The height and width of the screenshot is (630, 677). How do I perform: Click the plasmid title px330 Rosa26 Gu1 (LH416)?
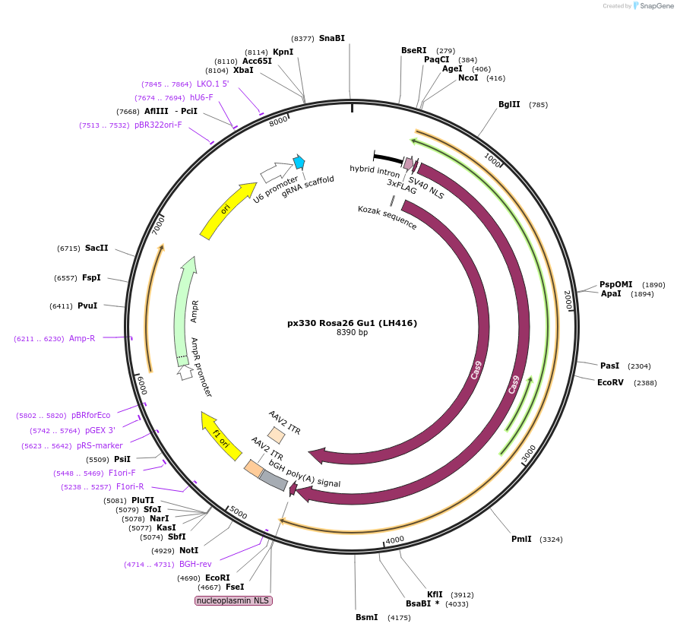click(x=352, y=323)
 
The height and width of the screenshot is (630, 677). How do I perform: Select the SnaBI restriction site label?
click(x=331, y=38)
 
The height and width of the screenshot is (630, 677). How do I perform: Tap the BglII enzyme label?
click(x=509, y=105)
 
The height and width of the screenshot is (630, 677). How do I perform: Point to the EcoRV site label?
click(x=610, y=383)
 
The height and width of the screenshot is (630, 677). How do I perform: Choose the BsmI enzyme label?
click(x=366, y=617)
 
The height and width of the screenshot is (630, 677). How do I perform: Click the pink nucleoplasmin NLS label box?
click(x=233, y=600)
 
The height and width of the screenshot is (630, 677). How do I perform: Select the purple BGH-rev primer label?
click(x=195, y=564)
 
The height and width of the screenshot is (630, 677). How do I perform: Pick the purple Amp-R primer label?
click(x=82, y=338)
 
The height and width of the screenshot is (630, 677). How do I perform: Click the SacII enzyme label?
click(x=96, y=249)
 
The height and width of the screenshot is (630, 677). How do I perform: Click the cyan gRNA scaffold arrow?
click(x=299, y=162)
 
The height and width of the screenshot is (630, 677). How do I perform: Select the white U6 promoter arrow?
click(x=276, y=172)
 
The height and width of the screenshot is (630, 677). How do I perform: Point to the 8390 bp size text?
click(x=352, y=333)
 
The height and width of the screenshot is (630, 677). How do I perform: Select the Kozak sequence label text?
click(x=388, y=217)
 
